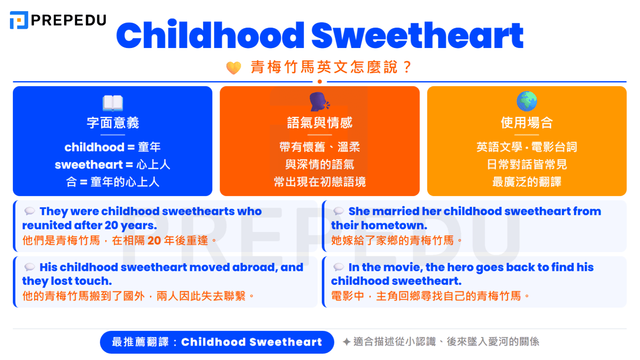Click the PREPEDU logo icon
coord(19,20)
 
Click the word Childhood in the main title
coord(210,35)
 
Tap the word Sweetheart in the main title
coord(417,35)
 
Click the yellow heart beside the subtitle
coord(234,68)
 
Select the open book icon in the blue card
coord(113,102)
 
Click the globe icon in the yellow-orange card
coord(527,101)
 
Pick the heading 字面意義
coord(113,123)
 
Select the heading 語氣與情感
coord(320,123)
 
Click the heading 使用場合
coord(527,123)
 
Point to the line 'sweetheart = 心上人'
coord(113,164)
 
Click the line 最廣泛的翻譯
coord(527,182)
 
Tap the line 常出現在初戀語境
coord(320,182)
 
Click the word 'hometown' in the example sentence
coord(394,226)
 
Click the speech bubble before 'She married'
coord(339,211)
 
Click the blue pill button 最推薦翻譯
coord(217,342)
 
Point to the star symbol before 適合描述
coord(347,342)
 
